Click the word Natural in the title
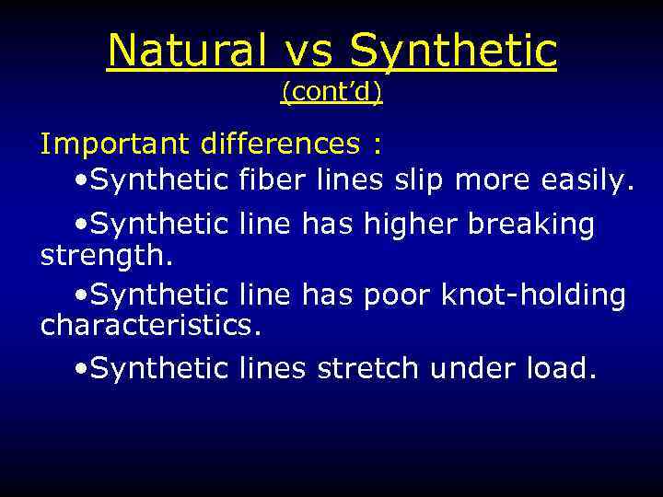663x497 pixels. (183, 51)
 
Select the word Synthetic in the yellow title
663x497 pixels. (453, 51)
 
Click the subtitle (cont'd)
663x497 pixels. (331, 92)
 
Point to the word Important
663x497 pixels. (114, 144)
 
